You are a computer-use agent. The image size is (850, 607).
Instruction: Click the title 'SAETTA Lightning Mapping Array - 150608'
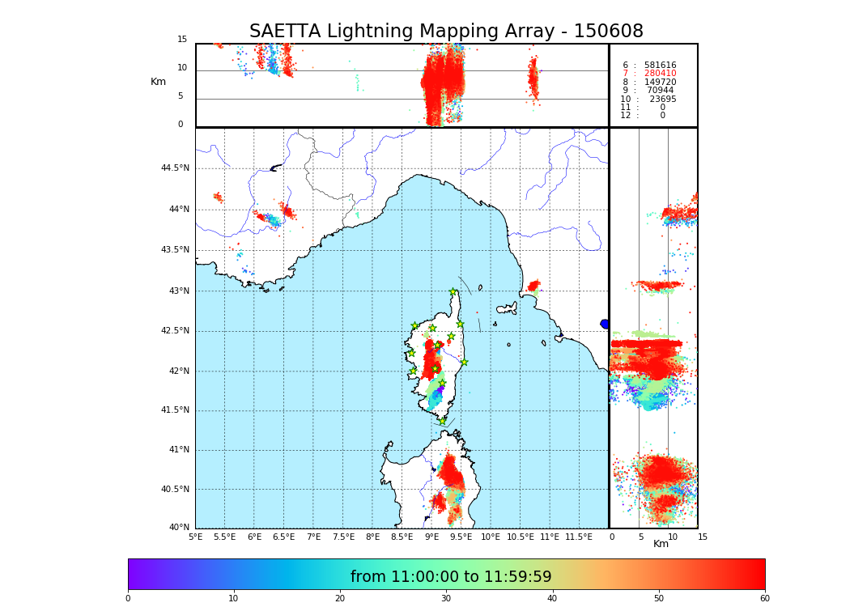point(446,32)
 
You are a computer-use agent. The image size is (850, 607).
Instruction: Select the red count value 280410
point(660,74)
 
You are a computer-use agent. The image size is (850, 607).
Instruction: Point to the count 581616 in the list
point(660,66)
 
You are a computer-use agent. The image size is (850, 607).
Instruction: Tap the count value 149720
point(660,83)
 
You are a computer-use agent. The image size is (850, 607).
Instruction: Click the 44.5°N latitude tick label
point(175,168)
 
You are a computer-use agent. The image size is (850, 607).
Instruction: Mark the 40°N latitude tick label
point(178,528)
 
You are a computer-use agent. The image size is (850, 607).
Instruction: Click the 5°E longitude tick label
point(196,537)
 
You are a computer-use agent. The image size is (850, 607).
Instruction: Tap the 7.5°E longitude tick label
point(343,537)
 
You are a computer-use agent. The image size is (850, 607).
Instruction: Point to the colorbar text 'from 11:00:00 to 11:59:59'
point(451,577)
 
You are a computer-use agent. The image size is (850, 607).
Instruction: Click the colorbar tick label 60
point(764,599)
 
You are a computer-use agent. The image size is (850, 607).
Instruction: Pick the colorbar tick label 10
point(233,599)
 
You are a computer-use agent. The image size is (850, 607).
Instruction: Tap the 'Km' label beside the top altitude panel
point(158,82)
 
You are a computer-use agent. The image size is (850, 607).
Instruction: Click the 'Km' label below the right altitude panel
point(661,544)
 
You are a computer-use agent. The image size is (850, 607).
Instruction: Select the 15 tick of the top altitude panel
point(182,40)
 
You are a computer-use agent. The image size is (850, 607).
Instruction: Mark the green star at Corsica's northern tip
point(453,292)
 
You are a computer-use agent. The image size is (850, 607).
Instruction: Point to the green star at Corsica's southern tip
point(442,421)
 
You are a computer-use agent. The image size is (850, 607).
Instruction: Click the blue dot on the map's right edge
point(605,324)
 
